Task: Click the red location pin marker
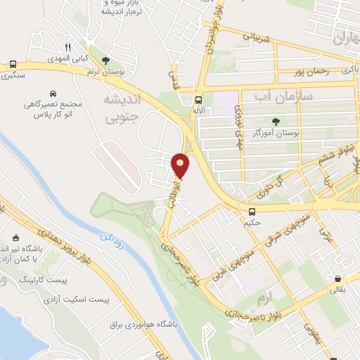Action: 181,165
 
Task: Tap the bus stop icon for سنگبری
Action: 13,64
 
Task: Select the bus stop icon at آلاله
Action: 198,100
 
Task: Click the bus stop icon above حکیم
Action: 252,212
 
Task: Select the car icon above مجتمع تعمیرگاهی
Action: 53,93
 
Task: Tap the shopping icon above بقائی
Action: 338,278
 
